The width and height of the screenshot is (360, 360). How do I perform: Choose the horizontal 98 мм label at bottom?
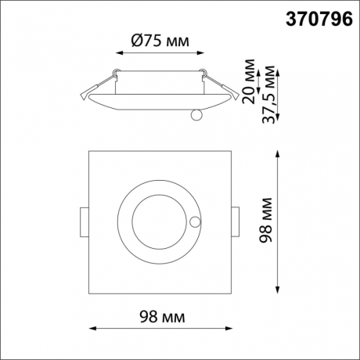point(161,317)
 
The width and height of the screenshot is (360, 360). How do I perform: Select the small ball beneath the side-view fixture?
point(196,116)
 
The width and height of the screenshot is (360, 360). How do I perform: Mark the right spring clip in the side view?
point(221,85)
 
